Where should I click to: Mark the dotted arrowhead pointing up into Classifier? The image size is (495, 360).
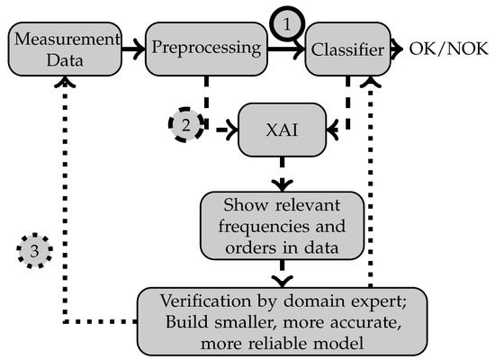[368, 81]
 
